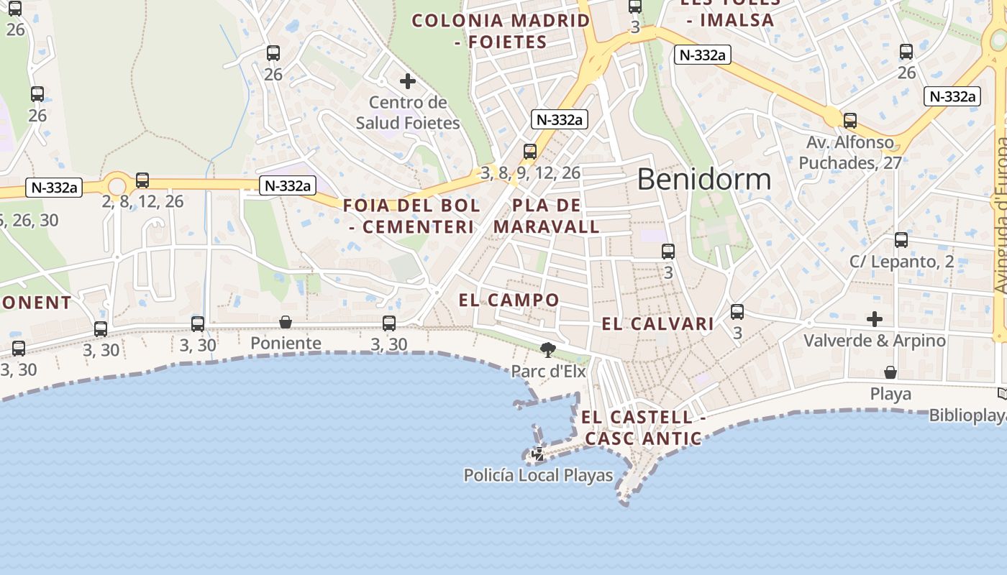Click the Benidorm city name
[x=703, y=179]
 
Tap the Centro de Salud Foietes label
[x=408, y=113]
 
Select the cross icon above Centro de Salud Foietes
[x=408, y=81]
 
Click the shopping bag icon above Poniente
[x=286, y=322]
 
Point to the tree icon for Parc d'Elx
[x=548, y=350]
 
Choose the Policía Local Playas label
[x=538, y=475]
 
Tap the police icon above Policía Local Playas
[x=537, y=454]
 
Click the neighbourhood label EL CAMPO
[x=509, y=300]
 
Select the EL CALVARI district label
[x=657, y=324]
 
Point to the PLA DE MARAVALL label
[x=556, y=216]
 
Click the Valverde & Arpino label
[x=874, y=341]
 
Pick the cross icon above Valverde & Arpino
[x=875, y=318]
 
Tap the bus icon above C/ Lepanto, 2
[x=901, y=240]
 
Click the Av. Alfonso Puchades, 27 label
[x=850, y=152]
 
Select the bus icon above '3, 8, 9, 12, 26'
[x=530, y=151]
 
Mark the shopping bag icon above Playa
[x=890, y=372]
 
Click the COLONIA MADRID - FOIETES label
[x=501, y=31]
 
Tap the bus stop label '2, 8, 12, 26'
[x=142, y=201]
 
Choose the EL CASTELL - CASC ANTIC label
[x=643, y=428]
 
